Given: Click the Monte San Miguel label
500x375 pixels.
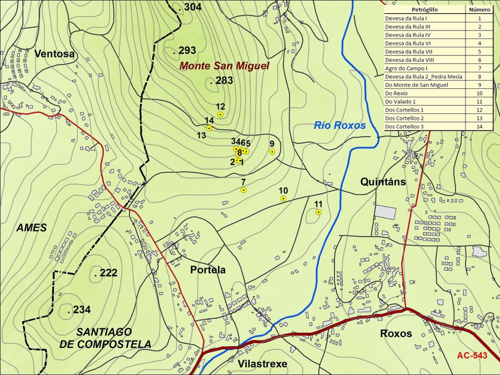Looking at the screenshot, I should (224, 66).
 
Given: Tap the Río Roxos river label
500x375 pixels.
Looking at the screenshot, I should (340, 126).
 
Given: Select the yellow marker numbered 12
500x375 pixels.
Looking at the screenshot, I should (220, 114).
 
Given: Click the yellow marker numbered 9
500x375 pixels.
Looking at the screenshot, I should (272, 152).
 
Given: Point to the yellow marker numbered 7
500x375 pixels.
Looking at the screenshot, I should (243, 190).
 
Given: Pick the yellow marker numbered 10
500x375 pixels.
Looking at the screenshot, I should (283, 198).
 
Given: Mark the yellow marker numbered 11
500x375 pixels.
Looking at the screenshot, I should (318, 212).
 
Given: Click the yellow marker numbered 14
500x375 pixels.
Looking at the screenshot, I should (209, 128).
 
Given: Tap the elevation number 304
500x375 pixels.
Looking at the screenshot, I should (192, 7).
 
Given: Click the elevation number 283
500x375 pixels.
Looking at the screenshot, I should (224, 81).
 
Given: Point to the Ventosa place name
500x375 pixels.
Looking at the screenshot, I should (54, 54).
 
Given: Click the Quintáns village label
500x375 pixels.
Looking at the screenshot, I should (383, 182).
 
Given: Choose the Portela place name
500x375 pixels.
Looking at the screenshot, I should (208, 270).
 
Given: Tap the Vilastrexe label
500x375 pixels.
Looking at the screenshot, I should (262, 364).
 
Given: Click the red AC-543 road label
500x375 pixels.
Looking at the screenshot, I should (472, 356).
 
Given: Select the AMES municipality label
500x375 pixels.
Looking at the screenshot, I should (32, 228).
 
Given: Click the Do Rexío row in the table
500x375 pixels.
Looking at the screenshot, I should (424, 93).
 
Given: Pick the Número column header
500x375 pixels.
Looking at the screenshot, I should (479, 9).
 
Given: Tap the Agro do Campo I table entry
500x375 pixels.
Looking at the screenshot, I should (424, 68).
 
